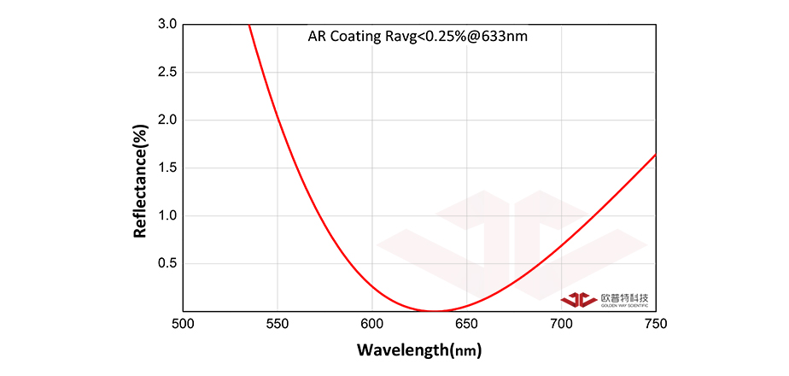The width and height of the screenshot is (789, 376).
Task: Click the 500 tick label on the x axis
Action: click(x=183, y=324)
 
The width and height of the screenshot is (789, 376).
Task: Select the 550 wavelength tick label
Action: click(x=278, y=324)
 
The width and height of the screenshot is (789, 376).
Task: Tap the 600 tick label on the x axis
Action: click(x=372, y=324)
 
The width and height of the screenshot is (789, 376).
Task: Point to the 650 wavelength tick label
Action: click(x=467, y=324)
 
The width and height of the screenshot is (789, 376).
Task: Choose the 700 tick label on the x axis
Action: click(x=562, y=324)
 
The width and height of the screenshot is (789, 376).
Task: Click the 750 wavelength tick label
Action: click(x=655, y=324)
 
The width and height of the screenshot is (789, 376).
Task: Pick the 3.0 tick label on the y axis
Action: click(x=167, y=25)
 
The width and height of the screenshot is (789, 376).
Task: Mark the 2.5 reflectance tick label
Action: click(x=167, y=73)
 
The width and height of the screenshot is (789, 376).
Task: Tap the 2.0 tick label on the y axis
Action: click(x=167, y=120)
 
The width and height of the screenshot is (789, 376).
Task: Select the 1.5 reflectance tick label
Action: click(x=167, y=168)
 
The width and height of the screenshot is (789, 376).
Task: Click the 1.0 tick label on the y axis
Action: click(x=167, y=216)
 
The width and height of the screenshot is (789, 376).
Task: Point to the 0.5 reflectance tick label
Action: click(x=167, y=264)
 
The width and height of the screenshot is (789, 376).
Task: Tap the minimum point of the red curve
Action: click(x=435, y=311)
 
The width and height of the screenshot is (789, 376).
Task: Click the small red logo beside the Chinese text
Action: click(x=578, y=299)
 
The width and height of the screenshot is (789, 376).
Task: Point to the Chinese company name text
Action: click(x=624, y=297)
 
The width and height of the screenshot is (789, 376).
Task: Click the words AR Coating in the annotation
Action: click(x=339, y=37)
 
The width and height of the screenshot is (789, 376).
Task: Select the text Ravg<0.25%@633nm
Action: click(x=456, y=37)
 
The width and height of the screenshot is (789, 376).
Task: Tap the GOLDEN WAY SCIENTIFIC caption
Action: click(x=624, y=305)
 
